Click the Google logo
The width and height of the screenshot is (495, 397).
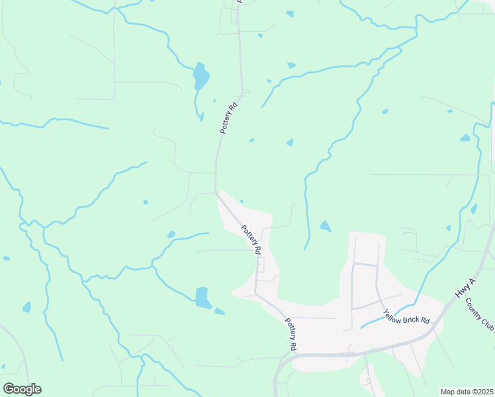pos(22,389)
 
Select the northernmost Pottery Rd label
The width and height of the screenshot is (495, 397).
pos(229,118)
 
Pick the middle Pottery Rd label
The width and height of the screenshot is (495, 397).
pos(251,240)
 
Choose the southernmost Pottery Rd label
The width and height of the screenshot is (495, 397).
pos(291,334)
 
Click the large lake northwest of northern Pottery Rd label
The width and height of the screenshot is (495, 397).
pos(201,77)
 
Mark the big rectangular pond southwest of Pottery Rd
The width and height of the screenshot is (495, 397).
pos(203,298)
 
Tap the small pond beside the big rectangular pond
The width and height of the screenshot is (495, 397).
pos(219,311)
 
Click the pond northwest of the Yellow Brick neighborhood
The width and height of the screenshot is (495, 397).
pos(325,226)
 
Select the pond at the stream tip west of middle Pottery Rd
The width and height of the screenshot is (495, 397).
pos(171,234)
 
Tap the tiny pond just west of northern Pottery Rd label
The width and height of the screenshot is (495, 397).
pos(214,101)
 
